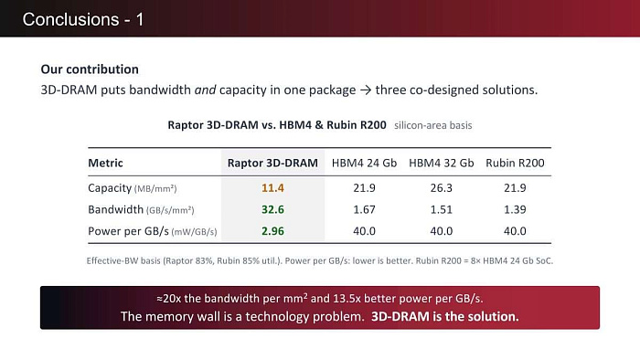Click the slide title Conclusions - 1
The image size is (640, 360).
tap(83, 19)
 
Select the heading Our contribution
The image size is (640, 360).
tap(90, 69)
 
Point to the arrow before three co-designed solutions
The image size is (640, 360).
tap(366, 90)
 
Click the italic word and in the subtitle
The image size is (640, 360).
tap(205, 90)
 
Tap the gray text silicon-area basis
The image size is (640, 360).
tap(433, 125)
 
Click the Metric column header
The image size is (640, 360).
tap(105, 163)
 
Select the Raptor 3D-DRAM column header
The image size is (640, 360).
tap(272, 163)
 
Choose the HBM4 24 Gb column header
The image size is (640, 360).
tap(364, 163)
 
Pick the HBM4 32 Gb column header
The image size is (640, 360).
tap(442, 163)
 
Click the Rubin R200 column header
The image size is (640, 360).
tap(515, 163)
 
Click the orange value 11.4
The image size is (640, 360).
tap(272, 188)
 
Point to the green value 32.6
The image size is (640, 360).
tap(272, 209)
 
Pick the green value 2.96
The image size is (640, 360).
tap(272, 231)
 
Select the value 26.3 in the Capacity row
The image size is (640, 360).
tap(442, 188)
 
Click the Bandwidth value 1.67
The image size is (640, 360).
tap(364, 209)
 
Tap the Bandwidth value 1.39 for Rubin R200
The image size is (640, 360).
tap(515, 209)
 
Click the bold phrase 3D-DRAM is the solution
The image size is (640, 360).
tap(445, 317)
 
